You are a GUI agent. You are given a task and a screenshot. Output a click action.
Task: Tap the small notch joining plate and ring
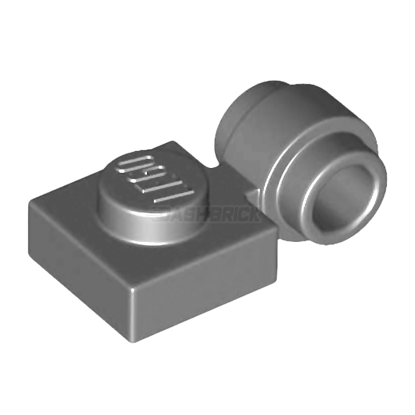click(251, 196)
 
